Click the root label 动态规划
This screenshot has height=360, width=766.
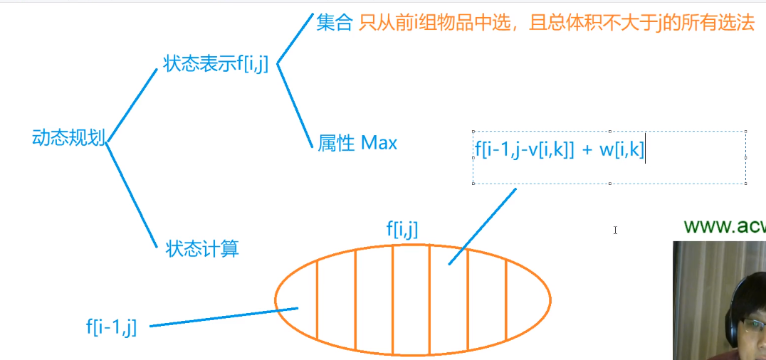coord(68,138)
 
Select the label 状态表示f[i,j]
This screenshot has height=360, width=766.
coord(215,64)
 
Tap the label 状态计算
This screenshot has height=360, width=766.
coord(201,249)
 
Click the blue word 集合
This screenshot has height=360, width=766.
coord(334,23)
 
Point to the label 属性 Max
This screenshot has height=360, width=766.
coord(357,143)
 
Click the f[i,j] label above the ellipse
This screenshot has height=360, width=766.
coord(402,228)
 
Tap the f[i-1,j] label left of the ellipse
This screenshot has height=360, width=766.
coord(111,327)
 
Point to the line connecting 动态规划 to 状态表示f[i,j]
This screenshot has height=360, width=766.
coord(131,105)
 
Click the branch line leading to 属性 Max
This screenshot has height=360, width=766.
coord(295,106)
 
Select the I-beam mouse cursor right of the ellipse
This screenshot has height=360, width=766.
coord(615,230)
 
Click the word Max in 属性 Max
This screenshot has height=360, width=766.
coord(379,143)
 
